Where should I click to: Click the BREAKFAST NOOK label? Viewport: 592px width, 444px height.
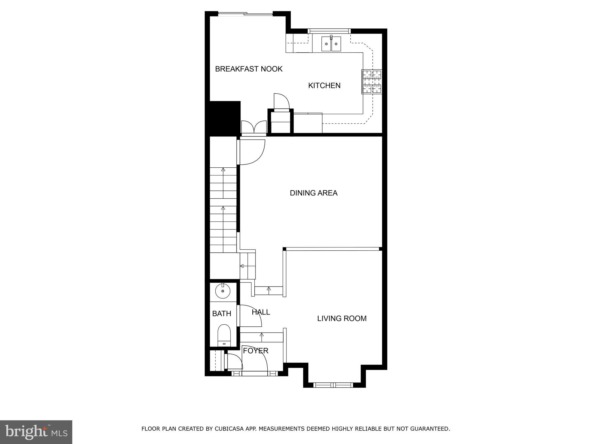click(x=249, y=69)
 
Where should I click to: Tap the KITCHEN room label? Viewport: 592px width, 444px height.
click(x=324, y=86)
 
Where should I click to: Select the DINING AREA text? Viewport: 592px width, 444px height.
click(x=313, y=193)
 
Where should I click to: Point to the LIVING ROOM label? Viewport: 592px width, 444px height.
click(x=342, y=318)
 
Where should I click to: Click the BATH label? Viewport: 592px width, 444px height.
click(x=221, y=314)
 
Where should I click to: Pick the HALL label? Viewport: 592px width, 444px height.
click(x=261, y=312)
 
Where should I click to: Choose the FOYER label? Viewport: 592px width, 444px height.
click(x=256, y=351)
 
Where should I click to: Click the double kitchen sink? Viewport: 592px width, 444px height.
click(x=331, y=44)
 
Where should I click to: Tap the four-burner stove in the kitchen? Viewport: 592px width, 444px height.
click(x=372, y=82)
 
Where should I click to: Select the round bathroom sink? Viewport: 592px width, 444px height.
click(x=223, y=291)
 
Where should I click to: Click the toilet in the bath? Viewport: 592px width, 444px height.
click(x=224, y=335)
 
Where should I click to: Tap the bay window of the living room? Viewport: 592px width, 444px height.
click(x=333, y=385)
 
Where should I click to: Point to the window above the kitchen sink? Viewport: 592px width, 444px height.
click(x=329, y=31)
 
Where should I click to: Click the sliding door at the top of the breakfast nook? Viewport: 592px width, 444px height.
click(x=245, y=14)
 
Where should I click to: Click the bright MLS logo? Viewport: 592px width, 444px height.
click(x=36, y=432)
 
